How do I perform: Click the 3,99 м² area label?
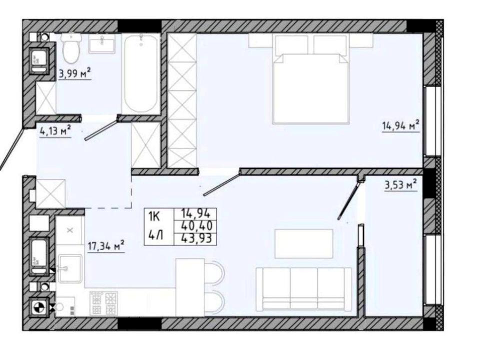pyautogui.click(x=74, y=73)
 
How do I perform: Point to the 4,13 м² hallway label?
pyautogui.click(x=55, y=131)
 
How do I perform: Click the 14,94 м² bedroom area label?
pyautogui.click(x=400, y=125)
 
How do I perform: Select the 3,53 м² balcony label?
pyautogui.click(x=400, y=185)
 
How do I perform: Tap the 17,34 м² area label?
pyautogui.click(x=106, y=246)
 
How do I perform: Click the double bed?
pyautogui.click(x=311, y=78)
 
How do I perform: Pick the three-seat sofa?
pyautogui.click(x=304, y=288)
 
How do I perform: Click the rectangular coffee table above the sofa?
pyautogui.click(x=303, y=243)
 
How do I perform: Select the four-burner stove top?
pyautogui.click(x=103, y=303)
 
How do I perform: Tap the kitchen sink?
pyautogui.click(x=70, y=268)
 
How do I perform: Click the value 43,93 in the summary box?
pyautogui.click(x=196, y=238)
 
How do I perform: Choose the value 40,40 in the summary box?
pyautogui.click(x=197, y=226)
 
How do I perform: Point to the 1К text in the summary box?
pyautogui.click(x=154, y=216)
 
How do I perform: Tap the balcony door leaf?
pyautogui.click(x=349, y=201)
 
